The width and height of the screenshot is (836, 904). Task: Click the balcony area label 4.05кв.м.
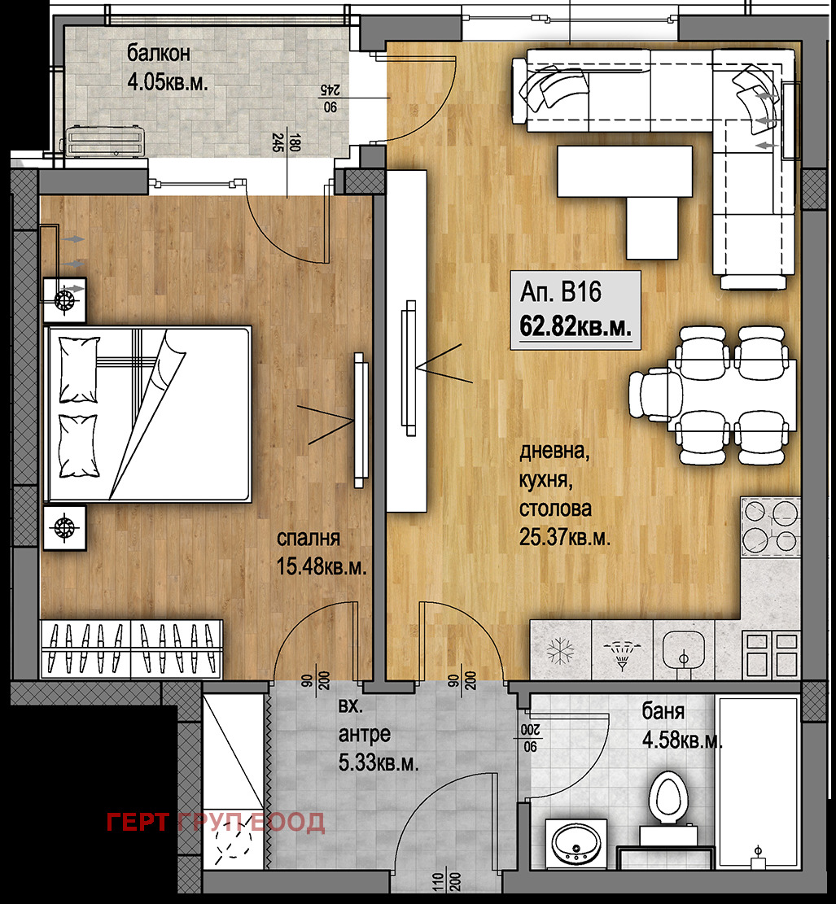pyautogui.click(x=168, y=82)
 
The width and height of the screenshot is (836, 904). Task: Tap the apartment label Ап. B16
pyautogui.click(x=561, y=292)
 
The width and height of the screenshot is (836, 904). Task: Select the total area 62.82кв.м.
pyautogui.click(x=576, y=326)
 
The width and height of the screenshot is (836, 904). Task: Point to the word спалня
pyautogui.click(x=308, y=539)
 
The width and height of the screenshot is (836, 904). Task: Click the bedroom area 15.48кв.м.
pyautogui.click(x=322, y=566)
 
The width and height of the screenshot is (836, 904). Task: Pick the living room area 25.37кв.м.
pyautogui.click(x=564, y=537)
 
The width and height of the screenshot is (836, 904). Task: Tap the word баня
pyautogui.click(x=663, y=711)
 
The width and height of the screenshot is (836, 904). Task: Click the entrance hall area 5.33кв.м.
pyautogui.click(x=379, y=763)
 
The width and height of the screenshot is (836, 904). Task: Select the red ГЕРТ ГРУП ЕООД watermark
pyautogui.click(x=216, y=823)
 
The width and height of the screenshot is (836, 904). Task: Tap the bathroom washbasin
pyautogui.click(x=576, y=843)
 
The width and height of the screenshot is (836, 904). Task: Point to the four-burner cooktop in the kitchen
pyautogui.click(x=771, y=526)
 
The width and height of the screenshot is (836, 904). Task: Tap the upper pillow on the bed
pyautogui.click(x=79, y=369)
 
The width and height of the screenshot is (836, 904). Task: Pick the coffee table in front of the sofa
pyautogui.click(x=625, y=171)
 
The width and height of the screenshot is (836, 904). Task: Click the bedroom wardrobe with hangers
pyautogui.click(x=132, y=649)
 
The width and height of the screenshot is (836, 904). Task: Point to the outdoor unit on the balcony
pyautogui.click(x=105, y=142)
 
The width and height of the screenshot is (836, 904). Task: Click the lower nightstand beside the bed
pyautogui.click(x=64, y=528)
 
